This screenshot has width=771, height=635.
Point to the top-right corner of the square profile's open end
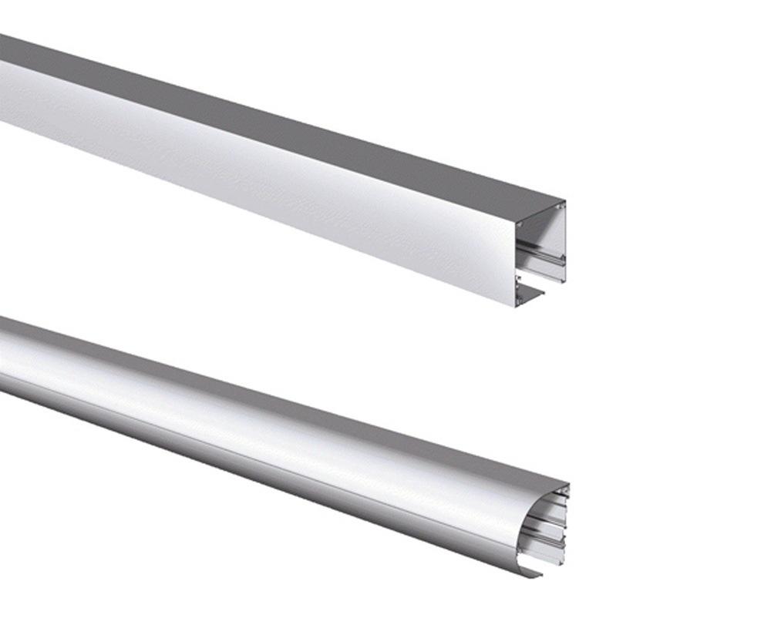pos(565,202)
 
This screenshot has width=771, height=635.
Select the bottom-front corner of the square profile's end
pos(515,306)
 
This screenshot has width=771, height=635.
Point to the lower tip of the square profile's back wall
pos(564,281)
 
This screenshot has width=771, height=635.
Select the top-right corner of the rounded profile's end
pos(568,485)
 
